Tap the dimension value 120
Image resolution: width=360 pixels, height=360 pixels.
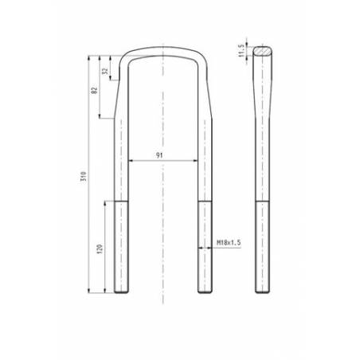[x=99, y=248]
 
